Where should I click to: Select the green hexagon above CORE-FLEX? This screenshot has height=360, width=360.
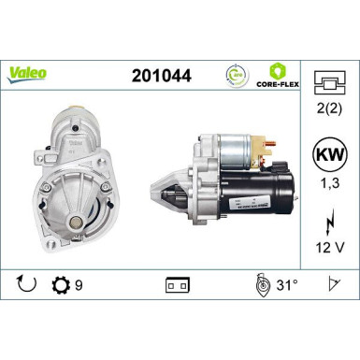277,70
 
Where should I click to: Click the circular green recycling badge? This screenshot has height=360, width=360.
237,74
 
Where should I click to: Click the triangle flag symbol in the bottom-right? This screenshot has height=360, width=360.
332,281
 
